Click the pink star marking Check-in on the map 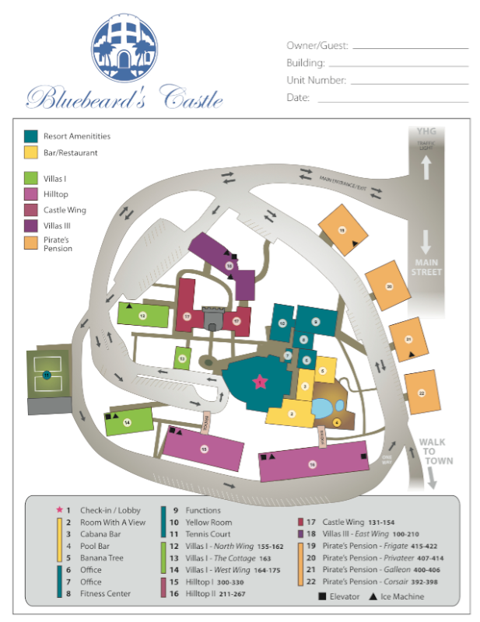click(259, 381)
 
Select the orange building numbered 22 click(421, 393)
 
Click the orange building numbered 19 click(342, 229)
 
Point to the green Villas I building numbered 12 click(143, 315)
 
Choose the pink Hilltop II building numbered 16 click(313, 463)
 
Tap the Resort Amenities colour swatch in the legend click(31, 136)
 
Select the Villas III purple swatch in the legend click(31, 225)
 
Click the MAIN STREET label click(427, 267)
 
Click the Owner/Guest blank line click(411, 48)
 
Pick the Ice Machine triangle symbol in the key click(375, 596)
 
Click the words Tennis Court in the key click(208, 535)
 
